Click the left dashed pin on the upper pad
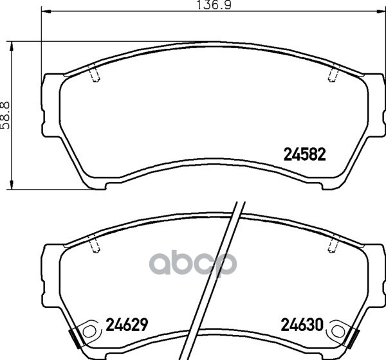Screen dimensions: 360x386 click(95, 75)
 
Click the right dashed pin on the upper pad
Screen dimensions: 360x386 click(333, 75)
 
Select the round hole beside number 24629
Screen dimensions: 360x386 click(89, 332)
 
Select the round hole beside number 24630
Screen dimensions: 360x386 click(337, 332)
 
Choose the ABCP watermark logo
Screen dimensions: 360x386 click(193, 262)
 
